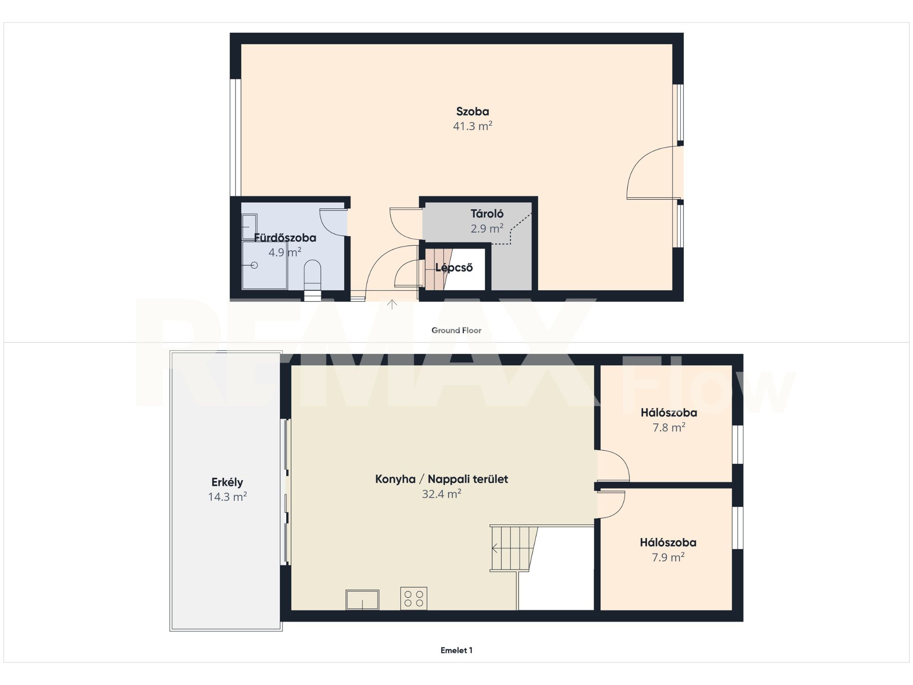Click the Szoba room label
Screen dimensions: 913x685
(x=472, y=111)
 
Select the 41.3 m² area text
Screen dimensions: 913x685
(x=472, y=126)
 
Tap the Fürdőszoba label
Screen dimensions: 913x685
(x=285, y=237)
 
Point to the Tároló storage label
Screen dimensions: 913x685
(x=487, y=214)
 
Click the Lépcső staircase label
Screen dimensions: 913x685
(x=454, y=268)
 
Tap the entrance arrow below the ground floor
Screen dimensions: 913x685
(x=392, y=304)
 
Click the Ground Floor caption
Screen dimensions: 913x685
(x=456, y=330)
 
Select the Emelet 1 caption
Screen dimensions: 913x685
(x=456, y=650)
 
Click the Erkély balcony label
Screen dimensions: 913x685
(x=227, y=482)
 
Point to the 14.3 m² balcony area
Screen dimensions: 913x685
(x=227, y=497)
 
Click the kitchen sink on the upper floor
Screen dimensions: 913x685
(x=362, y=600)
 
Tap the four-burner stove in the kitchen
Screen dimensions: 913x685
(x=414, y=598)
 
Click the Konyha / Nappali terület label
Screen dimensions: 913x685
(x=441, y=479)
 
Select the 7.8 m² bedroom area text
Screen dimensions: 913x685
(x=669, y=427)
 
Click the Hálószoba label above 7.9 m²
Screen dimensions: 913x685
(x=668, y=543)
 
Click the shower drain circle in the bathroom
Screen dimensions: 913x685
(x=254, y=265)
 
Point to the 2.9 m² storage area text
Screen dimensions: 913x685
(x=487, y=228)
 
